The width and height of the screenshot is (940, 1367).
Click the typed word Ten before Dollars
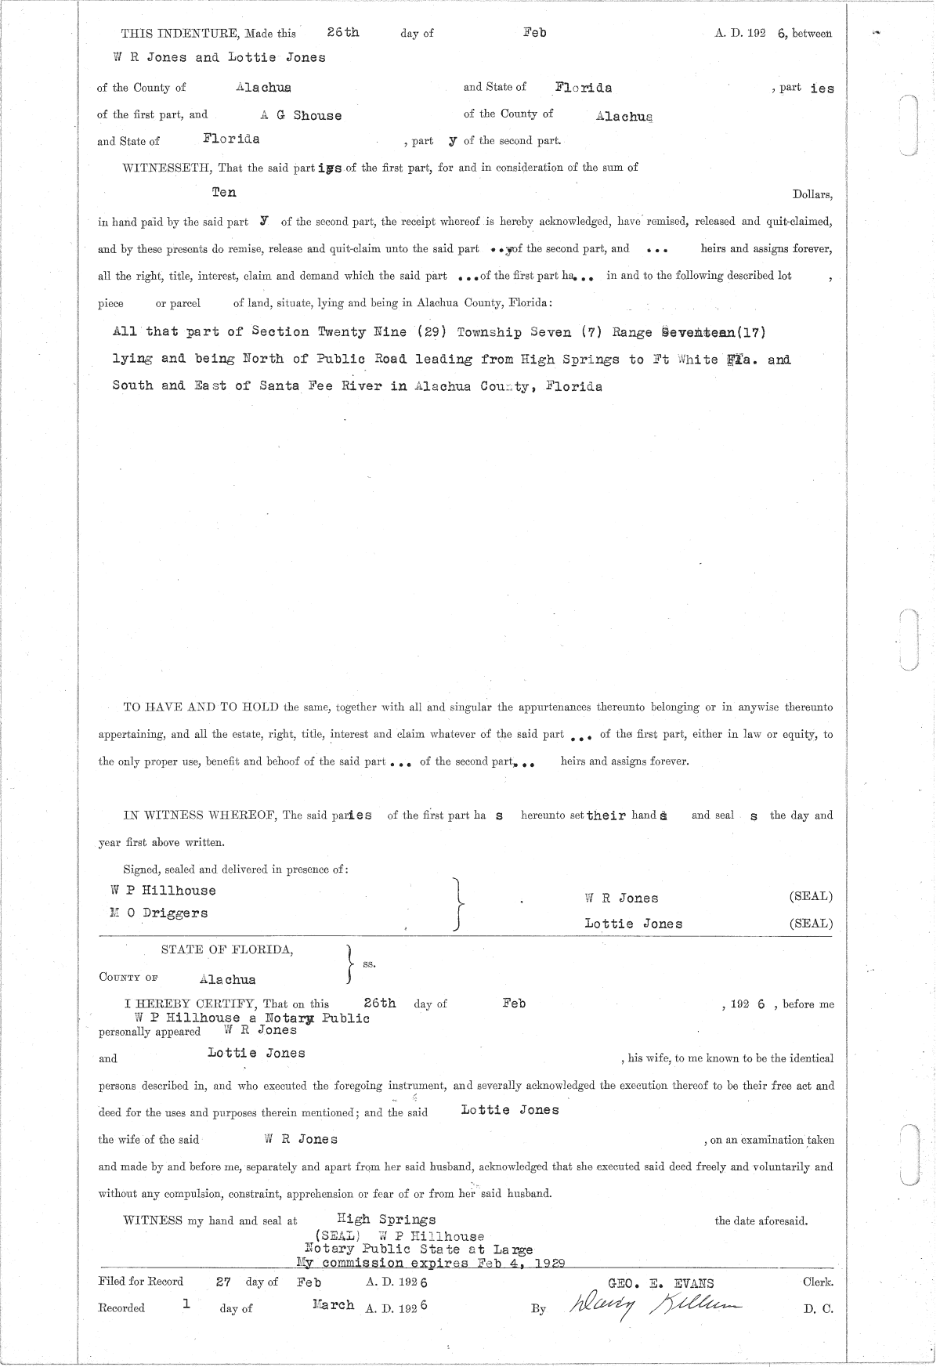tap(224, 192)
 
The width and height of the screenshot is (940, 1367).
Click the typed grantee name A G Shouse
tap(302, 115)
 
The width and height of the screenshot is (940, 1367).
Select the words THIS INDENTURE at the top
tap(180, 34)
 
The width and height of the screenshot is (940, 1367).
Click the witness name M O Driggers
tap(160, 913)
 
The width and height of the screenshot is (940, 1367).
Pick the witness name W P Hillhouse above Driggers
tap(164, 890)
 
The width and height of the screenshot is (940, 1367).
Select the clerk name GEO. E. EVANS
tap(660, 1283)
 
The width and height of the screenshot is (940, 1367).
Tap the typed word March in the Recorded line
tap(333, 1305)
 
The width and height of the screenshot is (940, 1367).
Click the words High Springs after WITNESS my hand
tap(385, 1219)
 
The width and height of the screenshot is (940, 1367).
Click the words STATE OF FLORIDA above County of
tap(227, 949)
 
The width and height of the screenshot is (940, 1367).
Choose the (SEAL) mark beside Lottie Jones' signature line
tap(811, 924)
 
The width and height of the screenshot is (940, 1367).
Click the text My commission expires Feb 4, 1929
tap(431, 1263)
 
